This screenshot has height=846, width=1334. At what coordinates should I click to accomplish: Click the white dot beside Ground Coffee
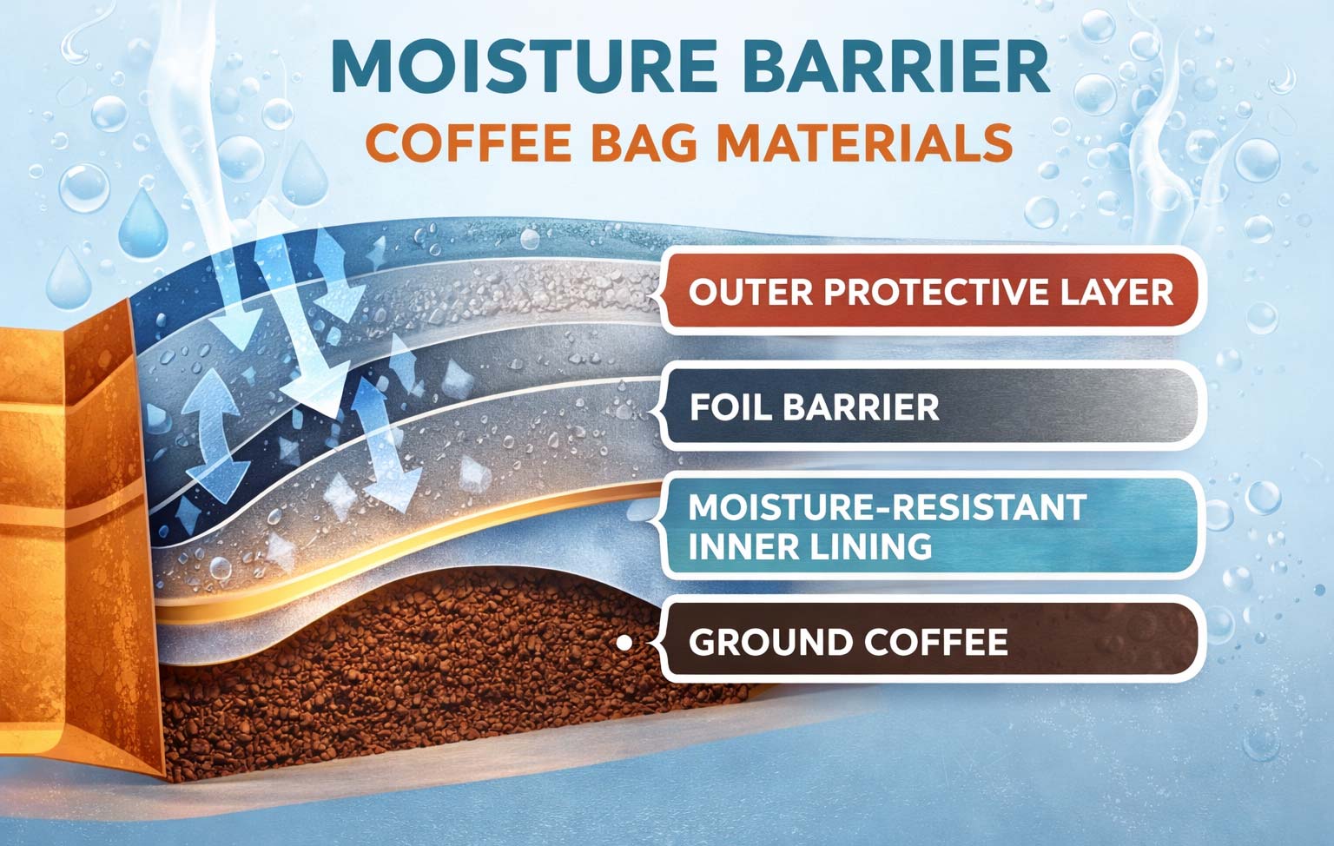[624, 643]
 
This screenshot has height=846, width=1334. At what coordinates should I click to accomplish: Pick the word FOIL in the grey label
[723, 406]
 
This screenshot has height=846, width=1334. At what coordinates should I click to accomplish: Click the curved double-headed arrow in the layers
[209, 430]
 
